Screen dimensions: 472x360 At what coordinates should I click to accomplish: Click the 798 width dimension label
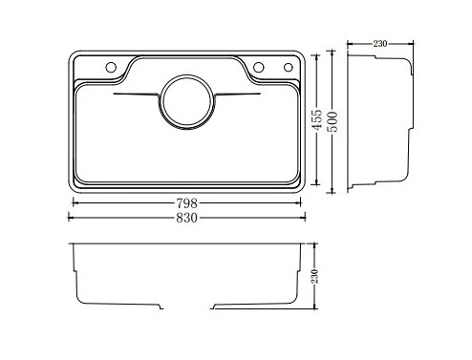click(187, 202)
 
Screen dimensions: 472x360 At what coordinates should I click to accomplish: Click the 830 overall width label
click(187, 218)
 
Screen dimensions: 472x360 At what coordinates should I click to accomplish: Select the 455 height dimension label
click(316, 119)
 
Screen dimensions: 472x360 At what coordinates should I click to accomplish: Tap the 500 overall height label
click(333, 121)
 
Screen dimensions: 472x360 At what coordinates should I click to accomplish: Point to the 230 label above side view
click(380, 44)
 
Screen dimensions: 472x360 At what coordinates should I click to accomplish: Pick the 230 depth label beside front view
click(314, 276)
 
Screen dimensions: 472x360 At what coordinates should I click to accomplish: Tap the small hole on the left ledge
click(111, 67)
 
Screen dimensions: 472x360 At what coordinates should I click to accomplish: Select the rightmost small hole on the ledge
click(289, 67)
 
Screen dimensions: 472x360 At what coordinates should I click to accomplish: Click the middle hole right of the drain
click(259, 67)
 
